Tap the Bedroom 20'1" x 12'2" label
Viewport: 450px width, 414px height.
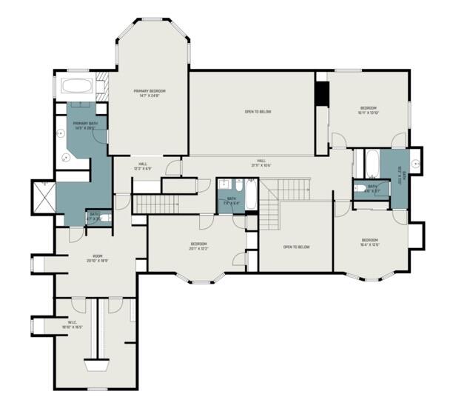pyautogui.click(x=198, y=247)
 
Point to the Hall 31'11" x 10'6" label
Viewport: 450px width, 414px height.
pyautogui.click(x=261, y=162)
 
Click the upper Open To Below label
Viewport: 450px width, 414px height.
pyautogui.click(x=258, y=112)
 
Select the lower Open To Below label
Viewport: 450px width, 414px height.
pyautogui.click(x=296, y=247)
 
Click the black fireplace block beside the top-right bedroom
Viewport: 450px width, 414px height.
pyautogui.click(x=321, y=95)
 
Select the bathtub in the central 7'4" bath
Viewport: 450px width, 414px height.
pyautogui.click(x=251, y=194)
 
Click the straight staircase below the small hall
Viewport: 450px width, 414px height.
pyautogui.click(x=157, y=204)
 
